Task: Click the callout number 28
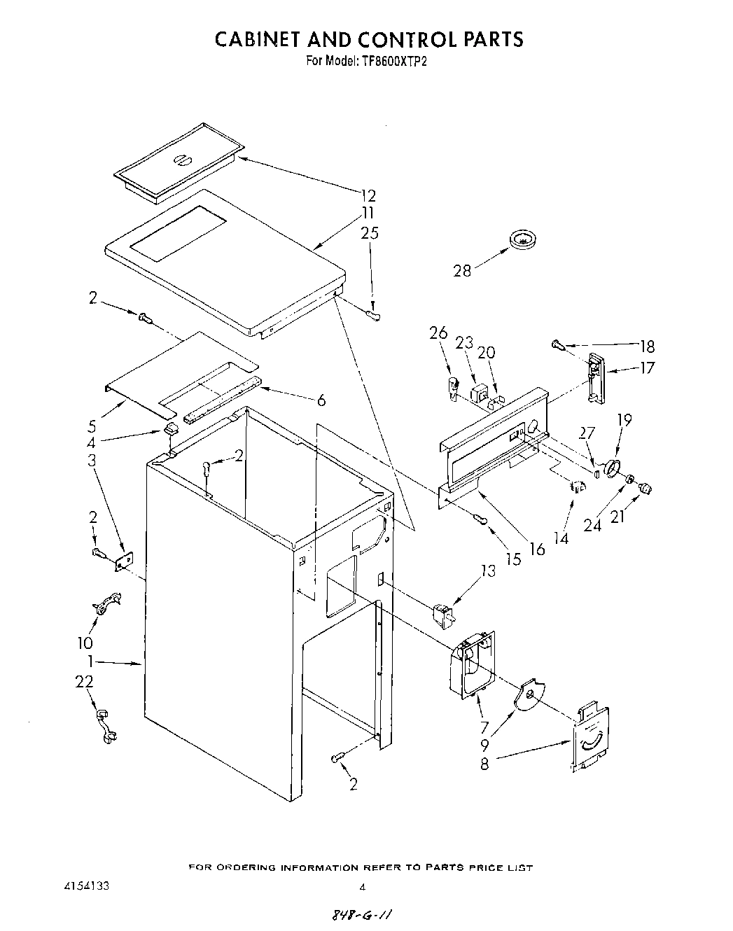[462, 269]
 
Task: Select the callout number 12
[368, 196]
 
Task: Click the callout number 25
[369, 232]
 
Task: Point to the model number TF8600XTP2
[394, 60]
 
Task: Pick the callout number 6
[321, 400]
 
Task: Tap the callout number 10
[85, 643]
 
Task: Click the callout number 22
[84, 681]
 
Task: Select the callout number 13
[487, 571]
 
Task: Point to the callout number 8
[484, 764]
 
